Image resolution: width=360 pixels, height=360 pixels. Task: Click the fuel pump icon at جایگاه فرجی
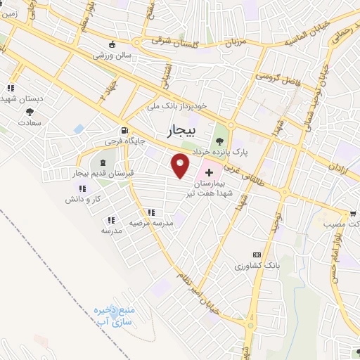point(124,130)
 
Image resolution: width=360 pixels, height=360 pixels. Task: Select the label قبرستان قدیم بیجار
point(103,172)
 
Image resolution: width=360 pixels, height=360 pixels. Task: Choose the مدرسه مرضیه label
point(150,222)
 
